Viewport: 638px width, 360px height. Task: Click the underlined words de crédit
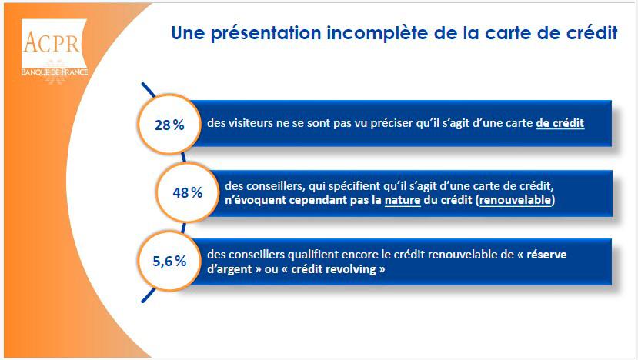click(560, 123)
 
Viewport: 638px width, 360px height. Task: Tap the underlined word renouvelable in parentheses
click(516, 200)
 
